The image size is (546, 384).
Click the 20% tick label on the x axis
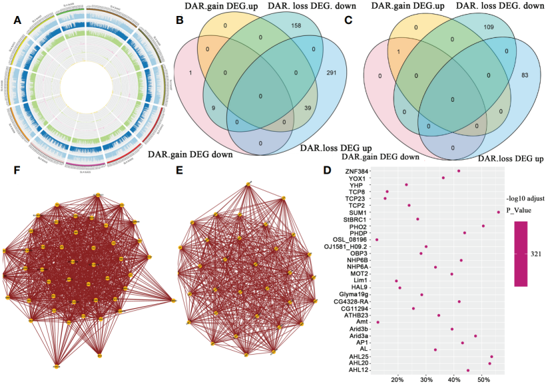397,379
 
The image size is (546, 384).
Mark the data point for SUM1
498,212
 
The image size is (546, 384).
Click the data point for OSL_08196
377,240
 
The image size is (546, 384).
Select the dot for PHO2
483,226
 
